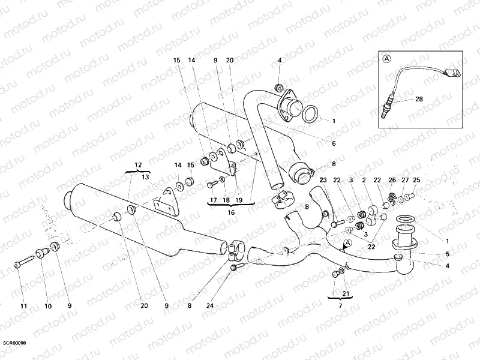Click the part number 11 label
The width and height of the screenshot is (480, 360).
click(24, 307)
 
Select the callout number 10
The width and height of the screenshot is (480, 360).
click(48, 307)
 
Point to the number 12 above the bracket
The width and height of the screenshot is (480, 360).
click(138, 164)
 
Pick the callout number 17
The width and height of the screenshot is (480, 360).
click(213, 200)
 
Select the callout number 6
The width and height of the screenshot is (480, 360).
click(334, 143)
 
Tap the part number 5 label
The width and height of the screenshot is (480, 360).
click(447, 254)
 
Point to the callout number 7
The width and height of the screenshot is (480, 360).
click(340, 307)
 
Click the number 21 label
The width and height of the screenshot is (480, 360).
click(345, 294)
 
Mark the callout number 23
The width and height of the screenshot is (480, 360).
click(323, 179)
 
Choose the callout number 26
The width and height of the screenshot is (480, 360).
click(392, 179)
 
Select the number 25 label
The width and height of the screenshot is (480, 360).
click(416, 179)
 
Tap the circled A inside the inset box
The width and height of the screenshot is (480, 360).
click(386, 59)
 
